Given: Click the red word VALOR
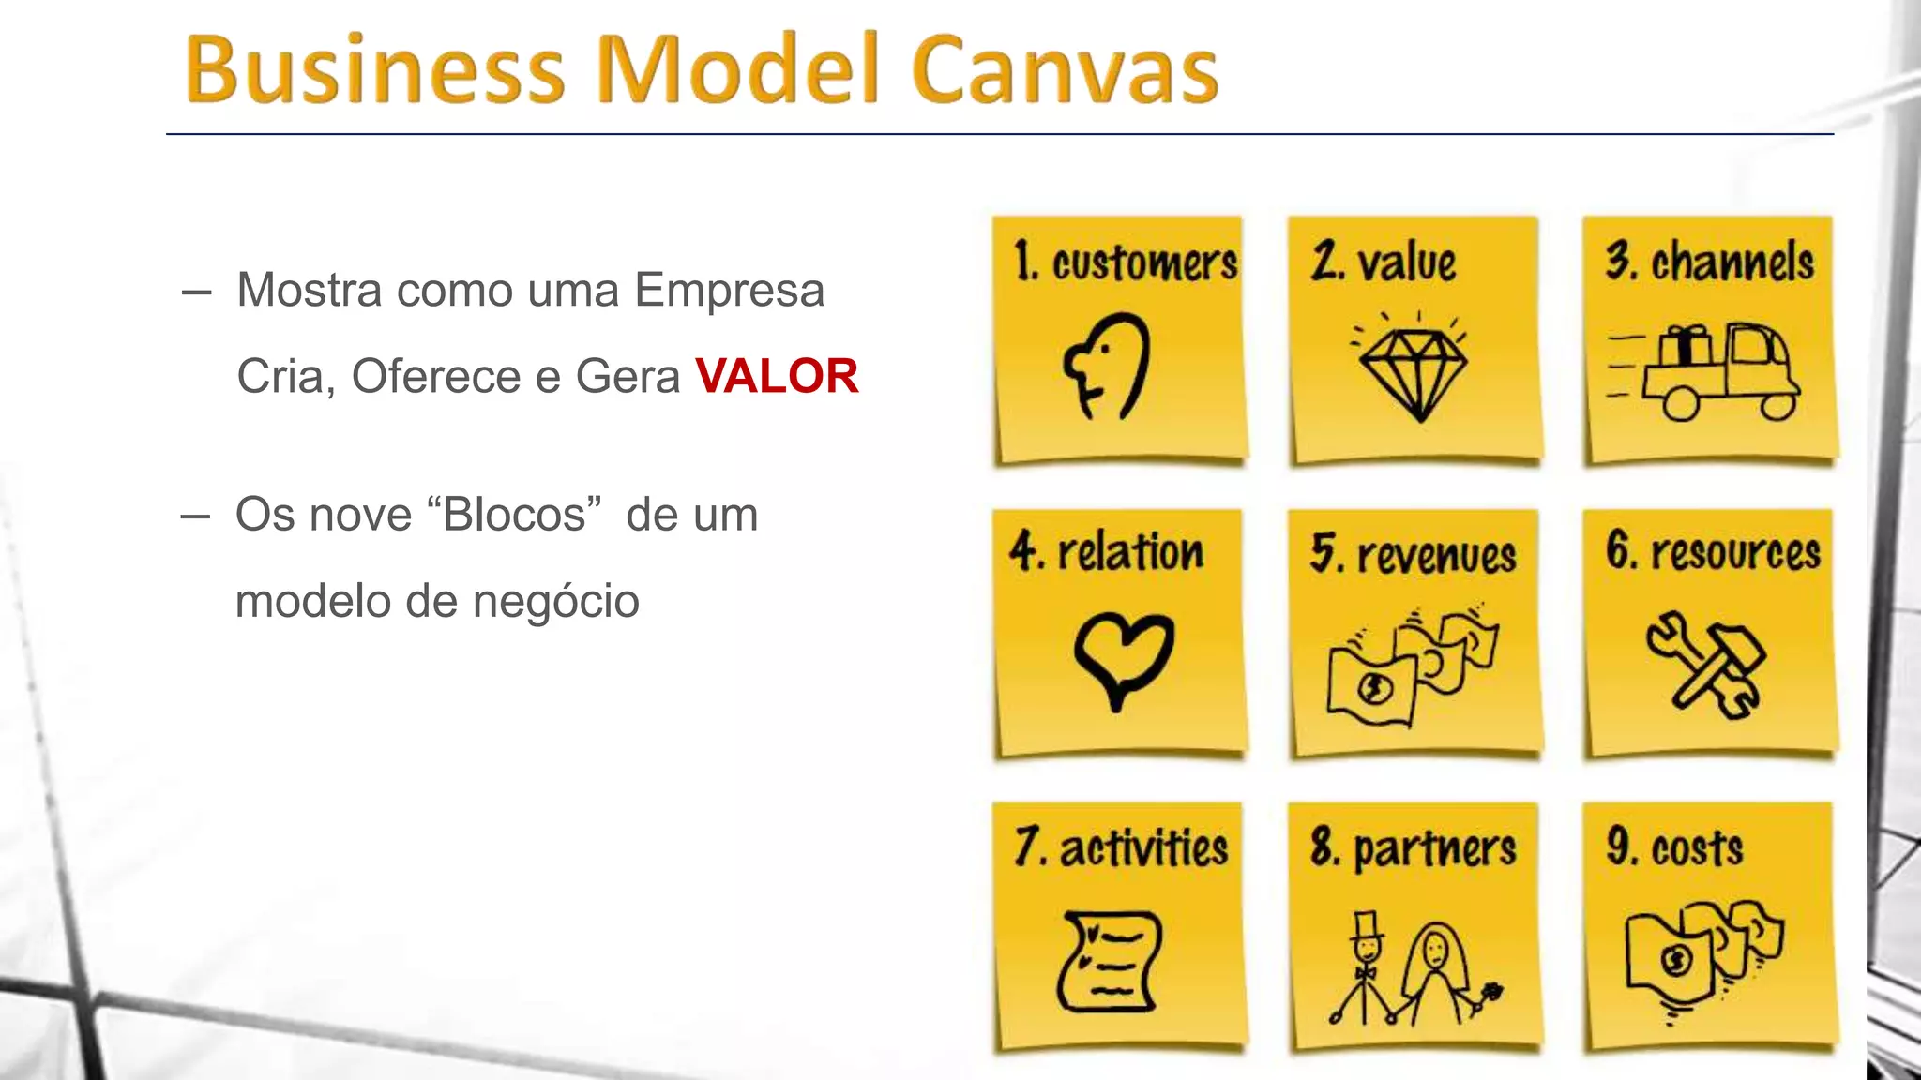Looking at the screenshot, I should (777, 377).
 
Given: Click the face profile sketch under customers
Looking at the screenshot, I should (1107, 366).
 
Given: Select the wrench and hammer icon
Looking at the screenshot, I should (1705, 666).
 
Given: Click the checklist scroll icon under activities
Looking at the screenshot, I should (1109, 962).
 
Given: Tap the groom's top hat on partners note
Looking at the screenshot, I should (1367, 926).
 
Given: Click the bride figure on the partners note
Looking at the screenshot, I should (1435, 975).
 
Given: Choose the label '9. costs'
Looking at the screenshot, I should (1674, 847).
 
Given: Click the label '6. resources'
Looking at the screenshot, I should (1712, 551).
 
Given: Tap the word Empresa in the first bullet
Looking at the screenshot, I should (730, 290).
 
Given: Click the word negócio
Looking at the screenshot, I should (556, 602).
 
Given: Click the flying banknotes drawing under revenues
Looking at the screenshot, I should (1412, 667).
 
